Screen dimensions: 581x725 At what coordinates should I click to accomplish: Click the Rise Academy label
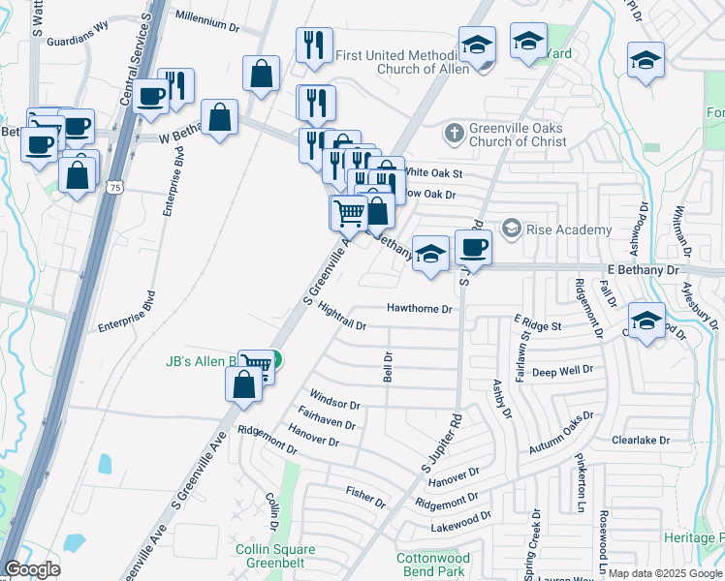[568, 229]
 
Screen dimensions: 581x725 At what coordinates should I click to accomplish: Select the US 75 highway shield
[115, 192]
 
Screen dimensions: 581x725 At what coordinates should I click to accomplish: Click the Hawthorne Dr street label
[420, 309]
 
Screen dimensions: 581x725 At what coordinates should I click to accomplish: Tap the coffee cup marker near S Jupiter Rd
[473, 248]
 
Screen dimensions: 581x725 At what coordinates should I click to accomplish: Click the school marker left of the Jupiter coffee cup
[430, 253]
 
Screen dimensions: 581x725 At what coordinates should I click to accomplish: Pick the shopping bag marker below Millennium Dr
[262, 73]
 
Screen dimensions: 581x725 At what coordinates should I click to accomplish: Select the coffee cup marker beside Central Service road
[151, 97]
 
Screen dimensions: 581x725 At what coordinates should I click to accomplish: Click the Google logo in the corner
[32, 569]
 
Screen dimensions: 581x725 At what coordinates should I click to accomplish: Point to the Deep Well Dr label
[561, 371]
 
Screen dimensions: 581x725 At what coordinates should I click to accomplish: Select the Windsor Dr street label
[334, 400]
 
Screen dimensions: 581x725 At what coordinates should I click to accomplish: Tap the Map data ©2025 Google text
[665, 573]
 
